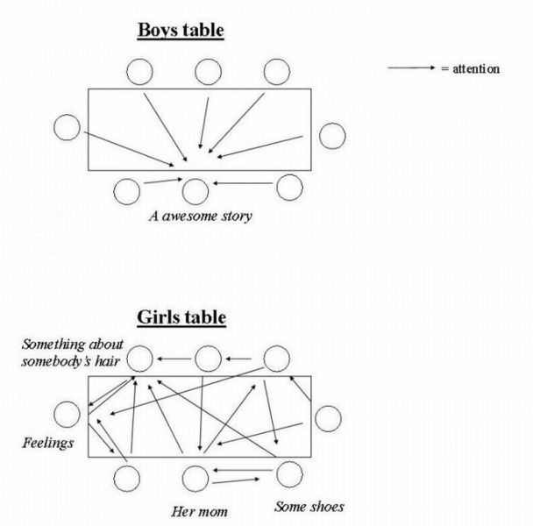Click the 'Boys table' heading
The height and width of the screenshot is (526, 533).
[180, 31]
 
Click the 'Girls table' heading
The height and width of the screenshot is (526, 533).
[181, 317]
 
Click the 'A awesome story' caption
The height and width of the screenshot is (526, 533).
[199, 216]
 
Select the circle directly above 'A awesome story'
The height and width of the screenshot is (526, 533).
[195, 190]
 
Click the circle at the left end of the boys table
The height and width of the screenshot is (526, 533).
[67, 128]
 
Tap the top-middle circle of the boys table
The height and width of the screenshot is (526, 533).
[209, 72]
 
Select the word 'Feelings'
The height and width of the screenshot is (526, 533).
[48, 443]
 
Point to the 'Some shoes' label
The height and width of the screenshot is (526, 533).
[309, 507]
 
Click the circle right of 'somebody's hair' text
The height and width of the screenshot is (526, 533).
[143, 358]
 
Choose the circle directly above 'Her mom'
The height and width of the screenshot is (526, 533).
[195, 479]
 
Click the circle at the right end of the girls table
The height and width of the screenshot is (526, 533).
[328, 418]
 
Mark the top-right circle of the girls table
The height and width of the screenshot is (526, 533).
[277, 358]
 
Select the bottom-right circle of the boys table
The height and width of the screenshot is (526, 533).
[289, 186]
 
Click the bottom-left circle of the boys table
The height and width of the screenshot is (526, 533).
[127, 190]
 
